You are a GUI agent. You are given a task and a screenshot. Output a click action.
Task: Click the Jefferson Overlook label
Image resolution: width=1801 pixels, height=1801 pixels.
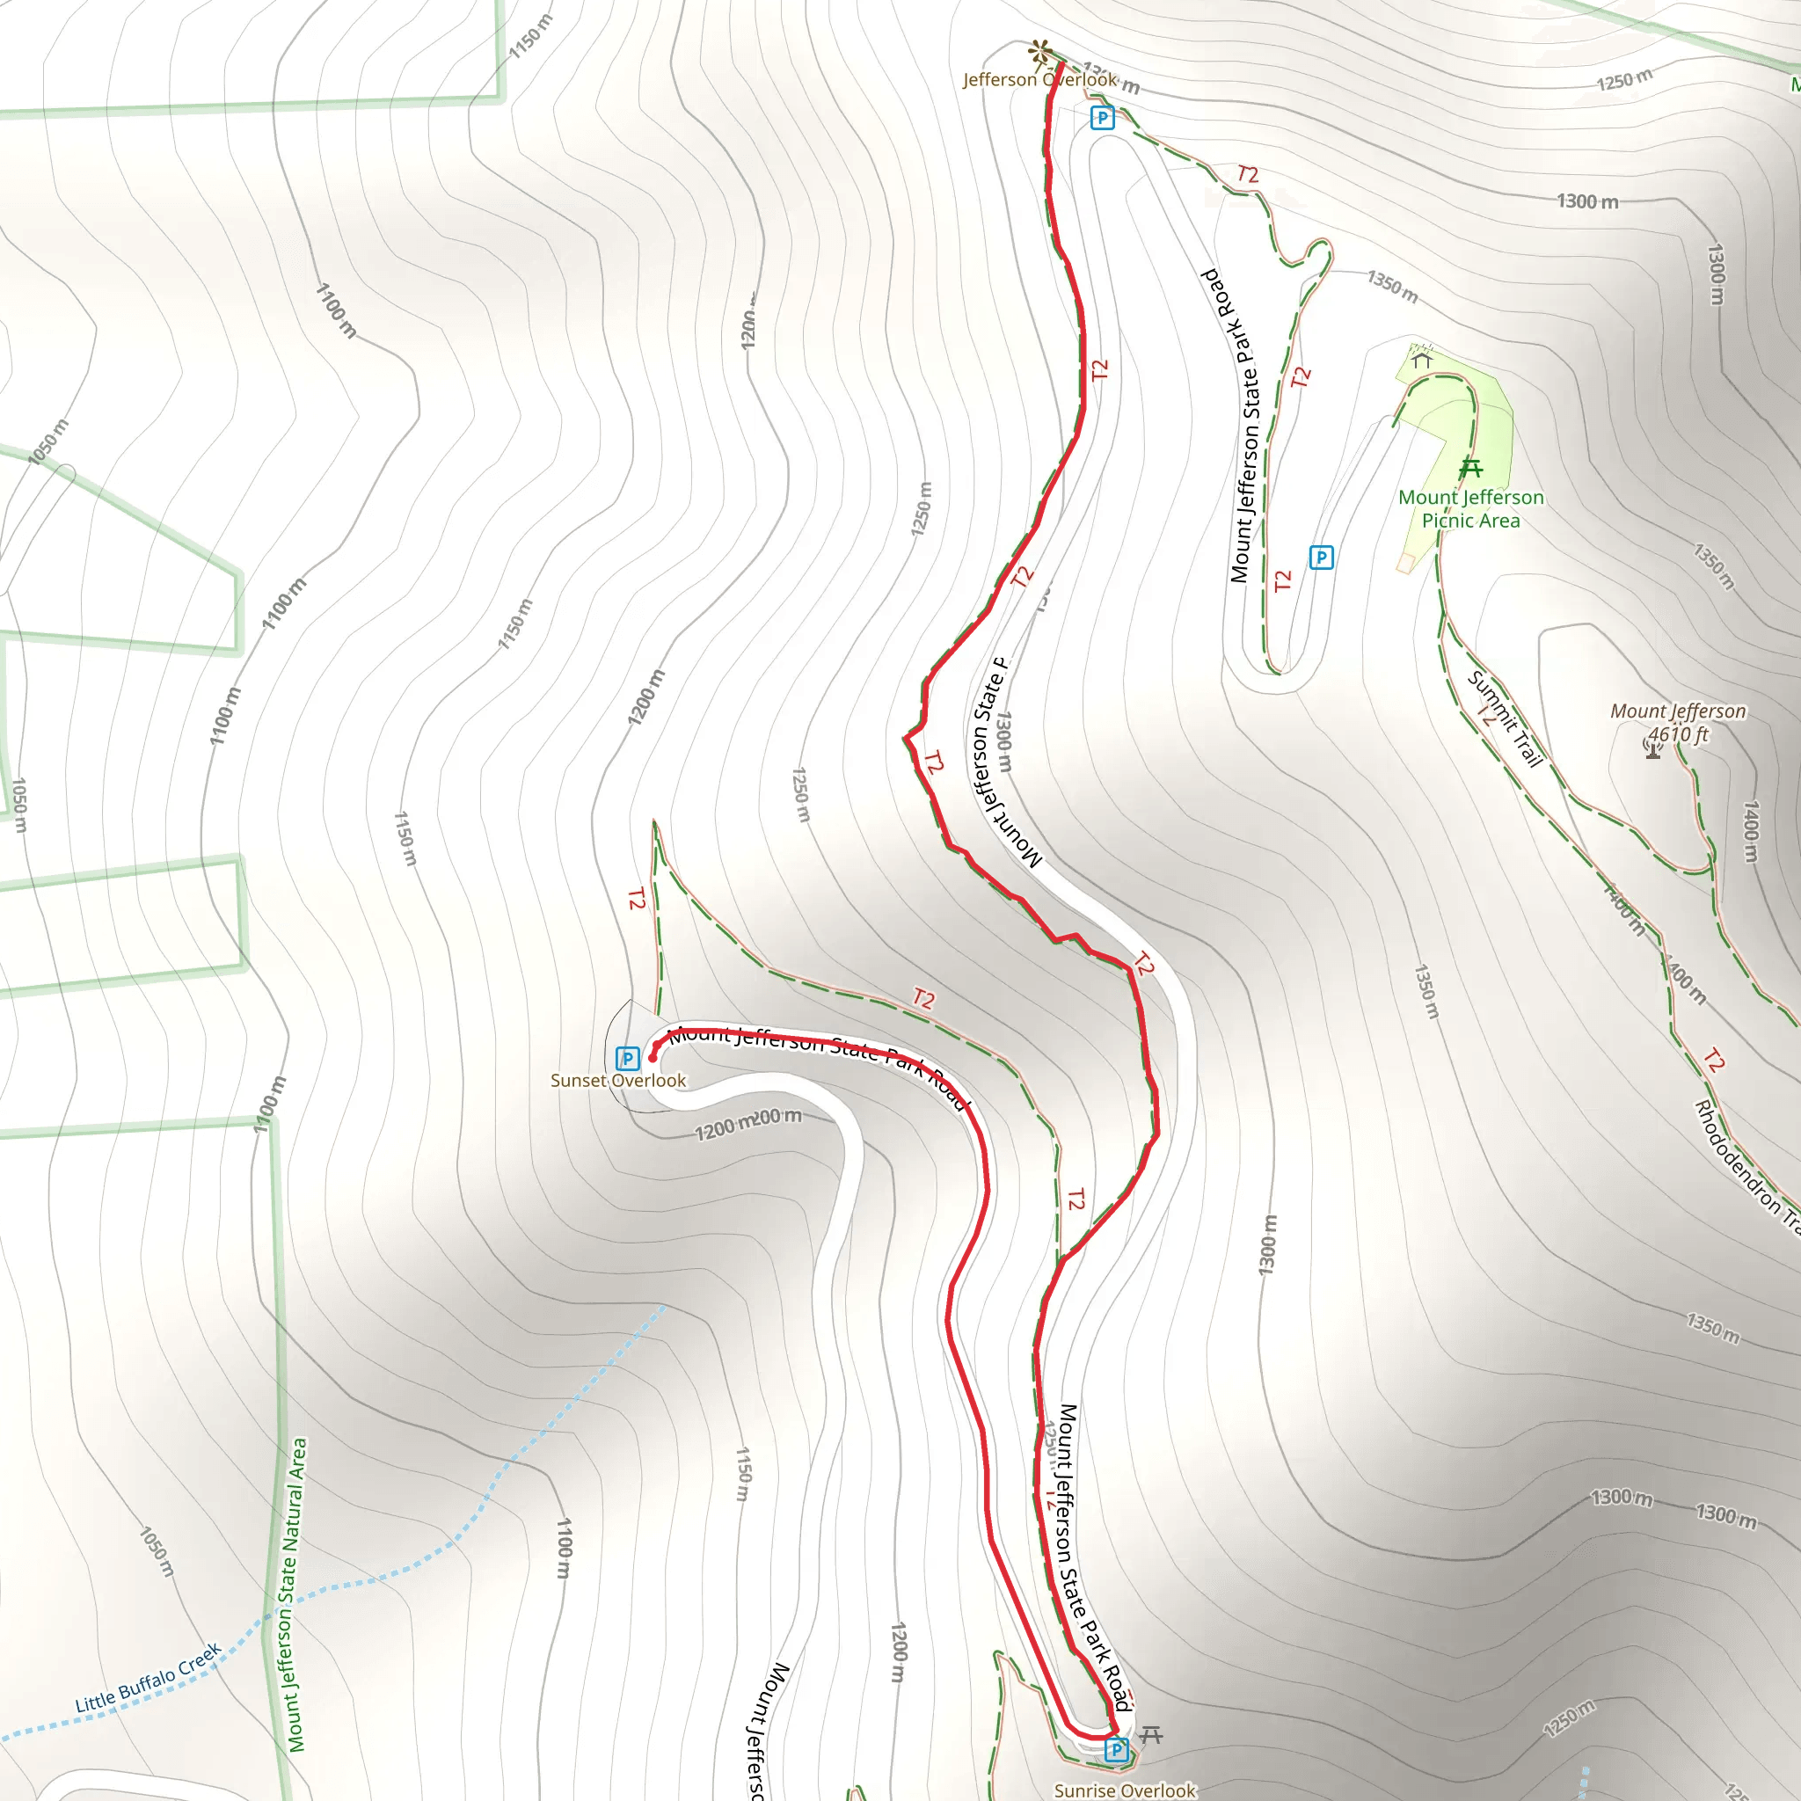click(1039, 80)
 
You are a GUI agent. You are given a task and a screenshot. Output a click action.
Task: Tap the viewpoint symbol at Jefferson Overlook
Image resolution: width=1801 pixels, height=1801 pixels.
click(1040, 51)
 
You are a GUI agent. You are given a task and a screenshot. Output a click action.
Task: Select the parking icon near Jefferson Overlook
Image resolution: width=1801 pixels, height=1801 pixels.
click(1102, 118)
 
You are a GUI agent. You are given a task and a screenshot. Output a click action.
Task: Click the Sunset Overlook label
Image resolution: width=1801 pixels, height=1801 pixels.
click(618, 1081)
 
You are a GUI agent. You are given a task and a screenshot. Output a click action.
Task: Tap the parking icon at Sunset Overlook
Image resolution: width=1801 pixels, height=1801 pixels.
click(627, 1058)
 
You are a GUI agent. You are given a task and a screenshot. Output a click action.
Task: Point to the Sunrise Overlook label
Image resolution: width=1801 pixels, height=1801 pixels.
click(1124, 1790)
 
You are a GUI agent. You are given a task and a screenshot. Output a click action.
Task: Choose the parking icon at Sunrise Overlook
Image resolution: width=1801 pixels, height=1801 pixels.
click(1116, 1751)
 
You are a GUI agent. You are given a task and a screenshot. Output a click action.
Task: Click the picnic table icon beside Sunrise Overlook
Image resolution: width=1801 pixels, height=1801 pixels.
click(1151, 1735)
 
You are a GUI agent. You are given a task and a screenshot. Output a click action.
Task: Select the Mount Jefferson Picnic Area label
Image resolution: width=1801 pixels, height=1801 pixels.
click(1471, 509)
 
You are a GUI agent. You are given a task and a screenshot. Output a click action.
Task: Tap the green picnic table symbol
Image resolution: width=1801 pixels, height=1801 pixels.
click(1471, 468)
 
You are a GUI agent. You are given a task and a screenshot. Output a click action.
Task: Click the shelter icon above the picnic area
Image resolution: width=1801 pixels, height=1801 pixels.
click(1422, 357)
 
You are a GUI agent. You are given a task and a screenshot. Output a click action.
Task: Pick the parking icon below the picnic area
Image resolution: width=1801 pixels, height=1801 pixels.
click(1321, 558)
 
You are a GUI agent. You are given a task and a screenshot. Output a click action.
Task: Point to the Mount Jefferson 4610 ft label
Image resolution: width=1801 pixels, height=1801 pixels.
click(1678, 723)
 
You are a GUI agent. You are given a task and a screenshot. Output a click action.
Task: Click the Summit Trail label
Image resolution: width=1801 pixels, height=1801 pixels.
click(1505, 718)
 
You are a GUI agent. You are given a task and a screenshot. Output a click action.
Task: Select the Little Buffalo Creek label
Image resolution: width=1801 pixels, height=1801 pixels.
click(149, 1678)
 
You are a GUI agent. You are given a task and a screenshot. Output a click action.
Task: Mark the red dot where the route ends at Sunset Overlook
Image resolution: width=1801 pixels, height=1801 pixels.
click(653, 1058)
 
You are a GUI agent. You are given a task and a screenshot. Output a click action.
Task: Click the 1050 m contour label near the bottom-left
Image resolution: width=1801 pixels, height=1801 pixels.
click(157, 1551)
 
